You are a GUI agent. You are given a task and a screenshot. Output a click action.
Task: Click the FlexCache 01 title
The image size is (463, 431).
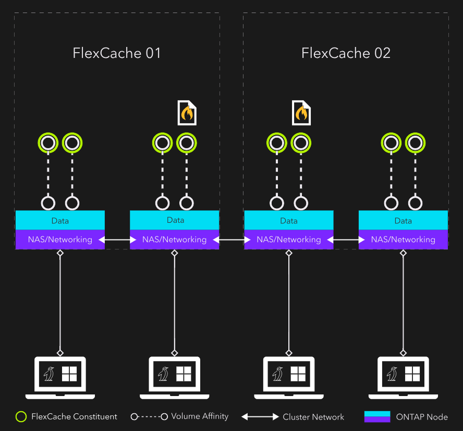117,53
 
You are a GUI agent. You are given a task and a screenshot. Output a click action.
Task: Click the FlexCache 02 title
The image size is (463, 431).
346,53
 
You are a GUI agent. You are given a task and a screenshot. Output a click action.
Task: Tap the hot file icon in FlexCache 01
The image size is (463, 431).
187,113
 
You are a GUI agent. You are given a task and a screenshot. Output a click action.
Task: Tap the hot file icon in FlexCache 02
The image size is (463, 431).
301,113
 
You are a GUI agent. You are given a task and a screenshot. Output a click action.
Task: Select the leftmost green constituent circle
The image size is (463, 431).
48,142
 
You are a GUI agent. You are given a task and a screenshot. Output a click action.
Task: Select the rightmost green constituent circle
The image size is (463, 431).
415,142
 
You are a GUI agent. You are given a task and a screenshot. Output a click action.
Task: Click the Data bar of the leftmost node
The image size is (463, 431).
60,220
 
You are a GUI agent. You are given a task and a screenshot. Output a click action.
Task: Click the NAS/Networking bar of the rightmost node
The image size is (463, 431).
403,240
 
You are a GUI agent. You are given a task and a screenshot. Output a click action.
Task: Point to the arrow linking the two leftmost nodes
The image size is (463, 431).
117,240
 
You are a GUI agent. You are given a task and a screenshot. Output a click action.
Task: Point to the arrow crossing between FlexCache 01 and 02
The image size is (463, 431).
231,240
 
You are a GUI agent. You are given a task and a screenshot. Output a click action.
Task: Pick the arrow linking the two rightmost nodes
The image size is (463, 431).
346,240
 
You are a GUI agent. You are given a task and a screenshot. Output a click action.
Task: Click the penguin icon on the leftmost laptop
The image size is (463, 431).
50,374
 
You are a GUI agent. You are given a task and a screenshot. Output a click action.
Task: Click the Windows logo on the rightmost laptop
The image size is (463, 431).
412,374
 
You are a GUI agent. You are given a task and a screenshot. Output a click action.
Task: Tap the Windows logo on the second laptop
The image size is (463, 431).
184,374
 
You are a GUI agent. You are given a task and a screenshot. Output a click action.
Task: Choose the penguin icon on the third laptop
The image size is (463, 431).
278,374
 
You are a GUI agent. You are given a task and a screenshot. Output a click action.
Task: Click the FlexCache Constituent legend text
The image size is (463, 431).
74,416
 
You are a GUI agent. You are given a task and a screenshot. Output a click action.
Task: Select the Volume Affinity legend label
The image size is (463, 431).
200,416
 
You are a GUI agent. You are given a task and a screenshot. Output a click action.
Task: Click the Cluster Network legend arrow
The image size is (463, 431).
260,417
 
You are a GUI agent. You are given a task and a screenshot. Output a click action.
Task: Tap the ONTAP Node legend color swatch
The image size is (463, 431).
377,416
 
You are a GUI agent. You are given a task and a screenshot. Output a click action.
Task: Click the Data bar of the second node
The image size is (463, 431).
175,220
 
